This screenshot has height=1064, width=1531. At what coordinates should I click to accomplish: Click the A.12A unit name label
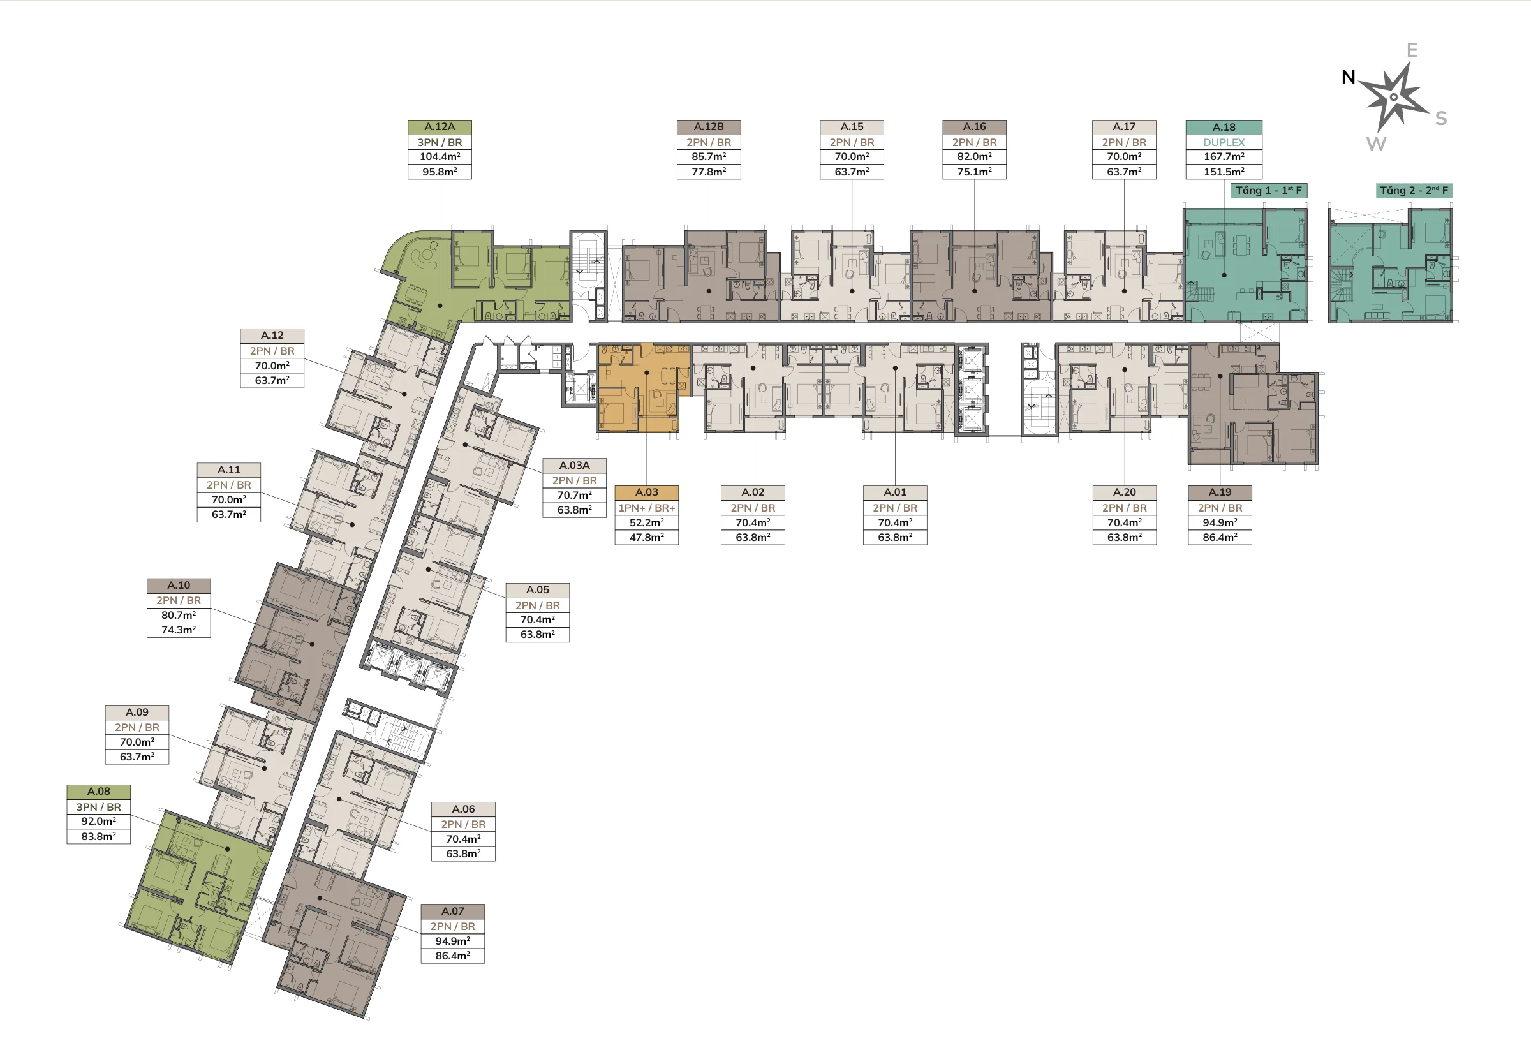coord(440,127)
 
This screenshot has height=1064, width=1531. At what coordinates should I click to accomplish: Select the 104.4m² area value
coord(440,157)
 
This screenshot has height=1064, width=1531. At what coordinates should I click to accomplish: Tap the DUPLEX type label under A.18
coord(1224,142)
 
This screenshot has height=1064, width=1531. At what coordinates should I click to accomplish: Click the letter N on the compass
coord(1349,77)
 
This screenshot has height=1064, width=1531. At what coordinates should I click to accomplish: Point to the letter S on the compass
coord(1441,119)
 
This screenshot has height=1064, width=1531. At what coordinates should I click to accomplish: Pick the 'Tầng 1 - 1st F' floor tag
coord(1268,191)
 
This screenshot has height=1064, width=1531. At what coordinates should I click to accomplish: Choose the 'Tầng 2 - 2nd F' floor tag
coord(1414,191)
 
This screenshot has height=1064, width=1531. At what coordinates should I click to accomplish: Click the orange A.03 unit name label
coord(646,492)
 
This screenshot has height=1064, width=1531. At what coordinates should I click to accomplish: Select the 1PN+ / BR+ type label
coord(646,508)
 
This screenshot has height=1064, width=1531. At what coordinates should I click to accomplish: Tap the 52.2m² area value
coord(646,522)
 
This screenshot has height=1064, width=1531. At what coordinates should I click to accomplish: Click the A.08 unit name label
coord(99,792)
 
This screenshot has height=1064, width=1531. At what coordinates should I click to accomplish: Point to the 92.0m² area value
coord(99,822)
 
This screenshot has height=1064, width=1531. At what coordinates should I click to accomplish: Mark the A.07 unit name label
coord(452,911)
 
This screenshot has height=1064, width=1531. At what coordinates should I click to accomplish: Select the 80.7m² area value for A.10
coord(179,616)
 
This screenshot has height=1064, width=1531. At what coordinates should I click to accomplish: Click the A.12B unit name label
coord(709,127)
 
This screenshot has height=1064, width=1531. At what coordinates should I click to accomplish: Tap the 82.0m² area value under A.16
coord(975,157)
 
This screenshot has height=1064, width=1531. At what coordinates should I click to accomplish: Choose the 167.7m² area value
coord(1224,157)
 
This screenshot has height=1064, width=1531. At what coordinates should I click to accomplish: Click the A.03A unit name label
coord(575,465)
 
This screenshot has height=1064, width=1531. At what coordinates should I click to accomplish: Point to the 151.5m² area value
coord(1224,172)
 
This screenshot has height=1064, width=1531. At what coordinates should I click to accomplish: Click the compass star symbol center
coord(1394,97)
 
